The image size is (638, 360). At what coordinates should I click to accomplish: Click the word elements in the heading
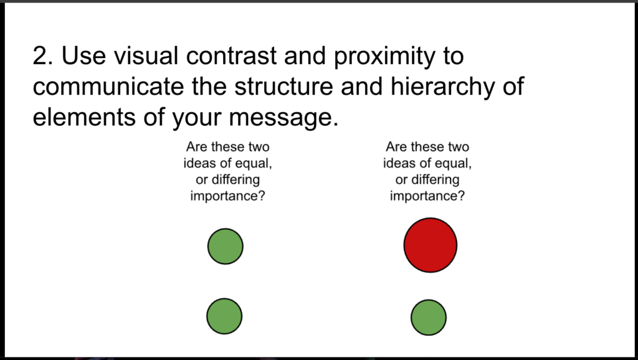coord(85,116)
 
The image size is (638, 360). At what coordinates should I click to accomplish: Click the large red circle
coord(431,245)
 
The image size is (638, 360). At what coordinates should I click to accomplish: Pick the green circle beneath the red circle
coord(429,317)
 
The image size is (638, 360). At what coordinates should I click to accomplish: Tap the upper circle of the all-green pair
coord(225,246)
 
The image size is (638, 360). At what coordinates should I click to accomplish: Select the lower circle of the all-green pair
coord(224,316)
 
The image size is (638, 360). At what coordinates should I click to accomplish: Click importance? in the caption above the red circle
coord(427,196)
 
